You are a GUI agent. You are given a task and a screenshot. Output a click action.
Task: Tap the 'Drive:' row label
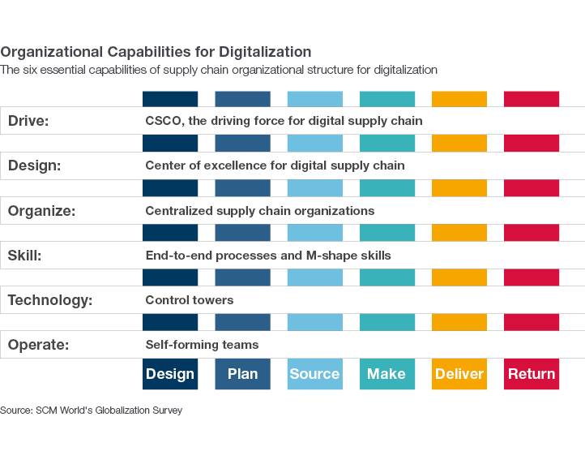point(28,121)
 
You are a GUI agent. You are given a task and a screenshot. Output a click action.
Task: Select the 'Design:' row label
point(34,166)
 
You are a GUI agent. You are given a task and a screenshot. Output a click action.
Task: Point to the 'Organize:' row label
point(41,211)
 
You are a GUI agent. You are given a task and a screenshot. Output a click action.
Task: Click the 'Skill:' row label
point(24,256)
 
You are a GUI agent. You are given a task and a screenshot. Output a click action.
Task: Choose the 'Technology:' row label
point(50,300)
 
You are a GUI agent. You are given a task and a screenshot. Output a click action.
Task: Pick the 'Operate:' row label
point(38,345)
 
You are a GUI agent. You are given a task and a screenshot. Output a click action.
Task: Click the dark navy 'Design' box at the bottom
point(170,374)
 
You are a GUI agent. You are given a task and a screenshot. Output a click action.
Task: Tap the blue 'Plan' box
point(242,374)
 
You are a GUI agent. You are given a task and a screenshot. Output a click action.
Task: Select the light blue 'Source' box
point(314,374)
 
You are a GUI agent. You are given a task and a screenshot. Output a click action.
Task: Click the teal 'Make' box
point(386,374)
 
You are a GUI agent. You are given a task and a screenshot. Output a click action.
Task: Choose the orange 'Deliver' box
point(459,374)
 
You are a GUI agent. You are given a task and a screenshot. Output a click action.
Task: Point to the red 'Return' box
point(532,374)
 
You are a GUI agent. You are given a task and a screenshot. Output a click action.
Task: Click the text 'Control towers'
point(190,300)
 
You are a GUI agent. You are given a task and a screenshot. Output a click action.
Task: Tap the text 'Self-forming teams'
point(202,345)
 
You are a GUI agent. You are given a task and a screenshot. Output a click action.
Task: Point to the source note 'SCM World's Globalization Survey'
point(109,411)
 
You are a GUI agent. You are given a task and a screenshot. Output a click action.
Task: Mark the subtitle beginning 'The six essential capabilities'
point(219,71)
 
